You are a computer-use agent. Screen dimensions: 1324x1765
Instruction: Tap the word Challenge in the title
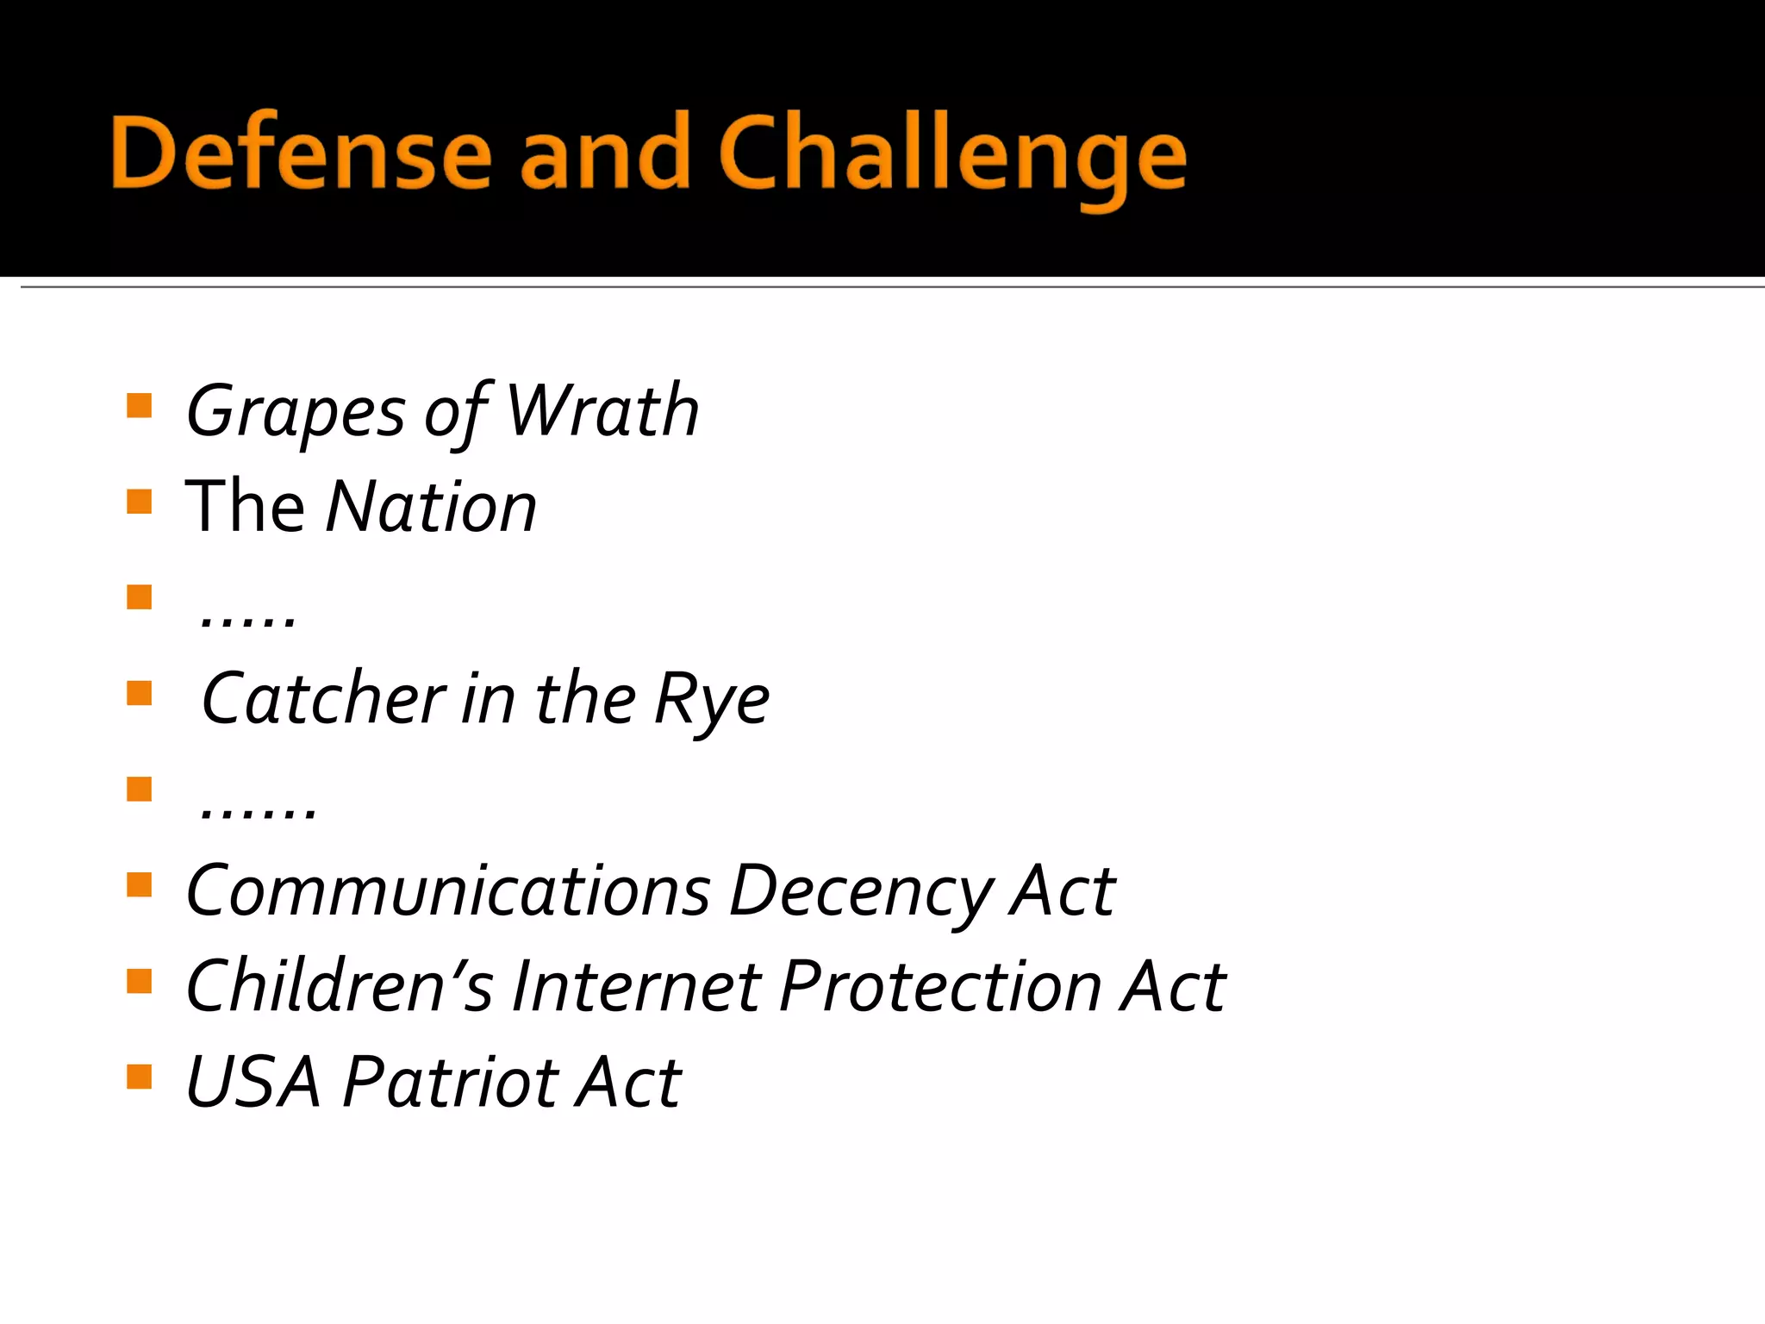click(x=952, y=157)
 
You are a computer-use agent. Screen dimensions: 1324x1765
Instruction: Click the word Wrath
click(x=602, y=410)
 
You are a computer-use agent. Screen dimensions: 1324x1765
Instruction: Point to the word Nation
click(x=432, y=507)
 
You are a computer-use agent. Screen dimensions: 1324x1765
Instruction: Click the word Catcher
click(x=323, y=698)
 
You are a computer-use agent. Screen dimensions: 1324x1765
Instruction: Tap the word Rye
click(x=712, y=700)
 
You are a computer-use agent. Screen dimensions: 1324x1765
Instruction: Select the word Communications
click(x=448, y=891)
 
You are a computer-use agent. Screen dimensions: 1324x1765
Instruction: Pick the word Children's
click(x=340, y=986)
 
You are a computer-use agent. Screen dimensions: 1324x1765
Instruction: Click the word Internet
click(x=637, y=986)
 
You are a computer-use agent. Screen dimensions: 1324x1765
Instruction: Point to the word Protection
click(x=940, y=986)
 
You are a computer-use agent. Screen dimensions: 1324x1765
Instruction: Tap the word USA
click(x=253, y=1082)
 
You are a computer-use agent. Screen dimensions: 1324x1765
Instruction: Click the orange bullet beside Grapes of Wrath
click(x=139, y=405)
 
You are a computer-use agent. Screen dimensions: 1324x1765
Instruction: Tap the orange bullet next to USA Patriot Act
click(x=139, y=1077)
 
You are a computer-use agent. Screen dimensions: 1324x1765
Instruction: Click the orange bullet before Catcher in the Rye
click(x=139, y=693)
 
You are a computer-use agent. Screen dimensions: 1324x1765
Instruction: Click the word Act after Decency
click(x=1063, y=891)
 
